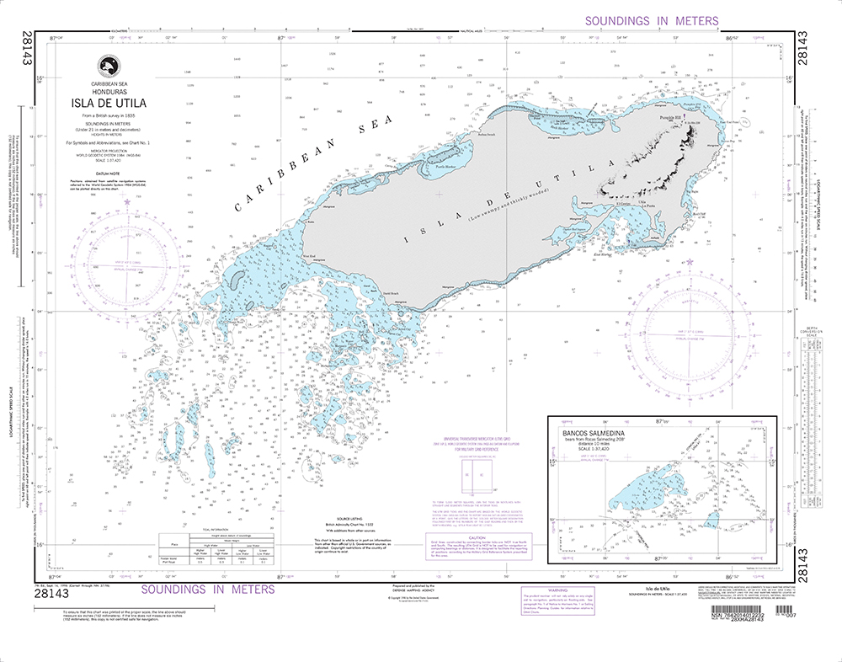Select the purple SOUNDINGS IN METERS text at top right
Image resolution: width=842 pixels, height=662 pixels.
tap(652, 21)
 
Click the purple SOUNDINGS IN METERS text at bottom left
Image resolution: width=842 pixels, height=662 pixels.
tap(207, 590)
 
